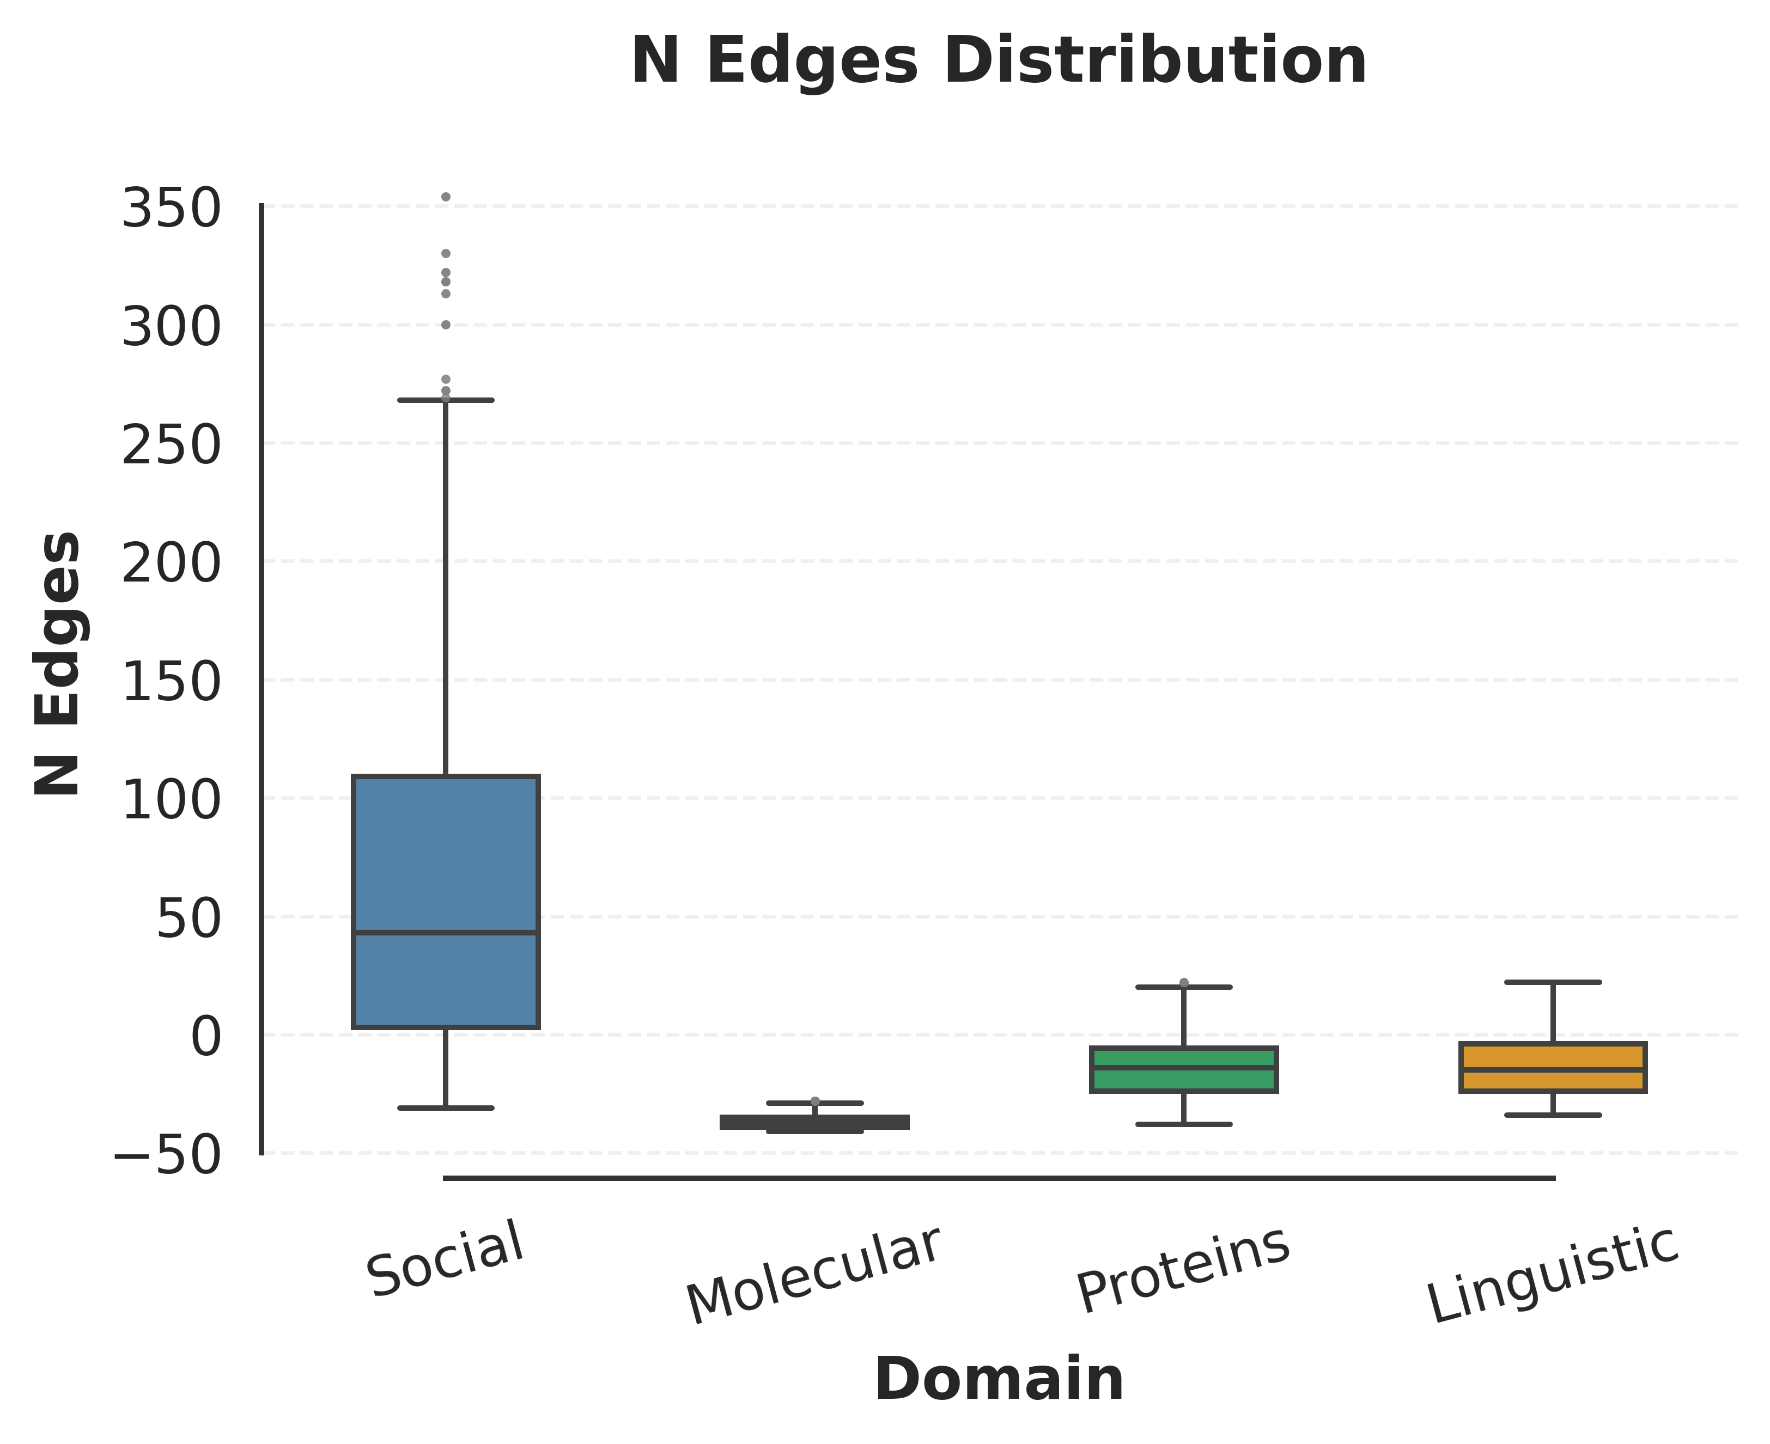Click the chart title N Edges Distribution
tap(999, 62)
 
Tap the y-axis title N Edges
tap(58, 663)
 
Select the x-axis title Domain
tap(999, 1380)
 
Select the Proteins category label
tap(1183, 1269)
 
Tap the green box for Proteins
tap(1183, 1080)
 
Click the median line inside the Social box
tap(446, 932)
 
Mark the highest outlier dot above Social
tap(446, 197)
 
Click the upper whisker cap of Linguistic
tap(1553, 982)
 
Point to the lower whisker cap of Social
tap(446, 1108)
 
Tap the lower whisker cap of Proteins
tap(1183, 1124)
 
